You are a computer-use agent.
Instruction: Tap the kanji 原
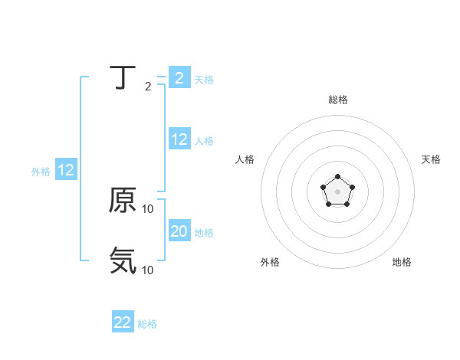[123, 201]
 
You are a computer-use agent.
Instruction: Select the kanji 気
[123, 261]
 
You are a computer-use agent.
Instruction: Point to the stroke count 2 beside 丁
[148, 87]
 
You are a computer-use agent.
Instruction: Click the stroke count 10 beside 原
[148, 209]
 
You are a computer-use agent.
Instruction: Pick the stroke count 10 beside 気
[148, 270]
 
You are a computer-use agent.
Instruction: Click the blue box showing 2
[179, 78]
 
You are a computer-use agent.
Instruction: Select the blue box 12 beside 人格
[179, 139]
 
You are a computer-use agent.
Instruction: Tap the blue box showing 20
[179, 231]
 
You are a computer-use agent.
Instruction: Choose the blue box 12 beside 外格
[66, 171]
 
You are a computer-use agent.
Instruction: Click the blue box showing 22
[123, 322]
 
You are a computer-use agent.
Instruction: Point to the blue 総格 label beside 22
[147, 324]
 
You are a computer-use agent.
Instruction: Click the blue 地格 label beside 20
[204, 232]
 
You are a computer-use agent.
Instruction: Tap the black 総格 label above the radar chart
[337, 100]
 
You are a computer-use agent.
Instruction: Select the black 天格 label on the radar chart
[432, 159]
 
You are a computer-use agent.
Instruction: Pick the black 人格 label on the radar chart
[245, 159]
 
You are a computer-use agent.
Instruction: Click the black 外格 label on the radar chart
[270, 262]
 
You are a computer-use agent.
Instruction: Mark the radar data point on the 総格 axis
[337, 177]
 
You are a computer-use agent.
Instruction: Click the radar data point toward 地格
[347, 204]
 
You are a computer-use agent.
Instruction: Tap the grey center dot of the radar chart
[337, 191]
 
